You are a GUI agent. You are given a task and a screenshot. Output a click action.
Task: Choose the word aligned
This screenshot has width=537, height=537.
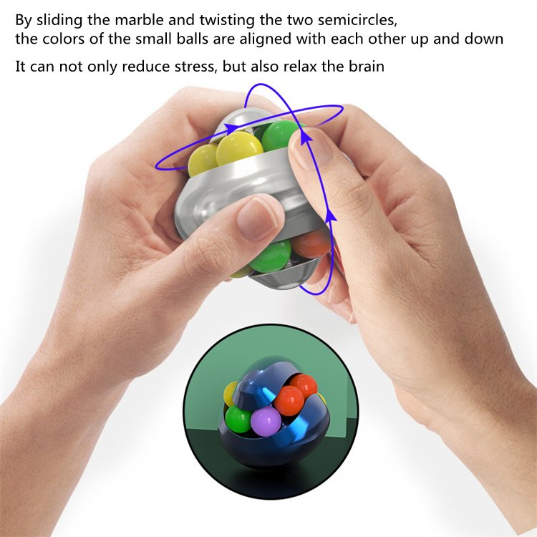pyautogui.click(x=266, y=39)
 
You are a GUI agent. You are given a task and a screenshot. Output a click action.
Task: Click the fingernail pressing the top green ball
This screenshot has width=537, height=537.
pyautogui.click(x=314, y=146)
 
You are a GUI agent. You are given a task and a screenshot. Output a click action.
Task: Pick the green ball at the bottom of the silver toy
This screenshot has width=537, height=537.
pyautogui.click(x=271, y=255)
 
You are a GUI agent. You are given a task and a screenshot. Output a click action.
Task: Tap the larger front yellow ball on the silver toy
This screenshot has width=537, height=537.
pyautogui.click(x=239, y=150)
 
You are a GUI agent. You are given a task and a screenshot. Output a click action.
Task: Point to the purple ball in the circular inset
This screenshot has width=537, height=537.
pyautogui.click(x=266, y=422)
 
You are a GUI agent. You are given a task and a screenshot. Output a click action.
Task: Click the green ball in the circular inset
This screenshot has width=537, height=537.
pyautogui.click(x=237, y=419)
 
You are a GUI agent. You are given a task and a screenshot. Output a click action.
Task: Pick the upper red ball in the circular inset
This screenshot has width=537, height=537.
pyautogui.click(x=303, y=385)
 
